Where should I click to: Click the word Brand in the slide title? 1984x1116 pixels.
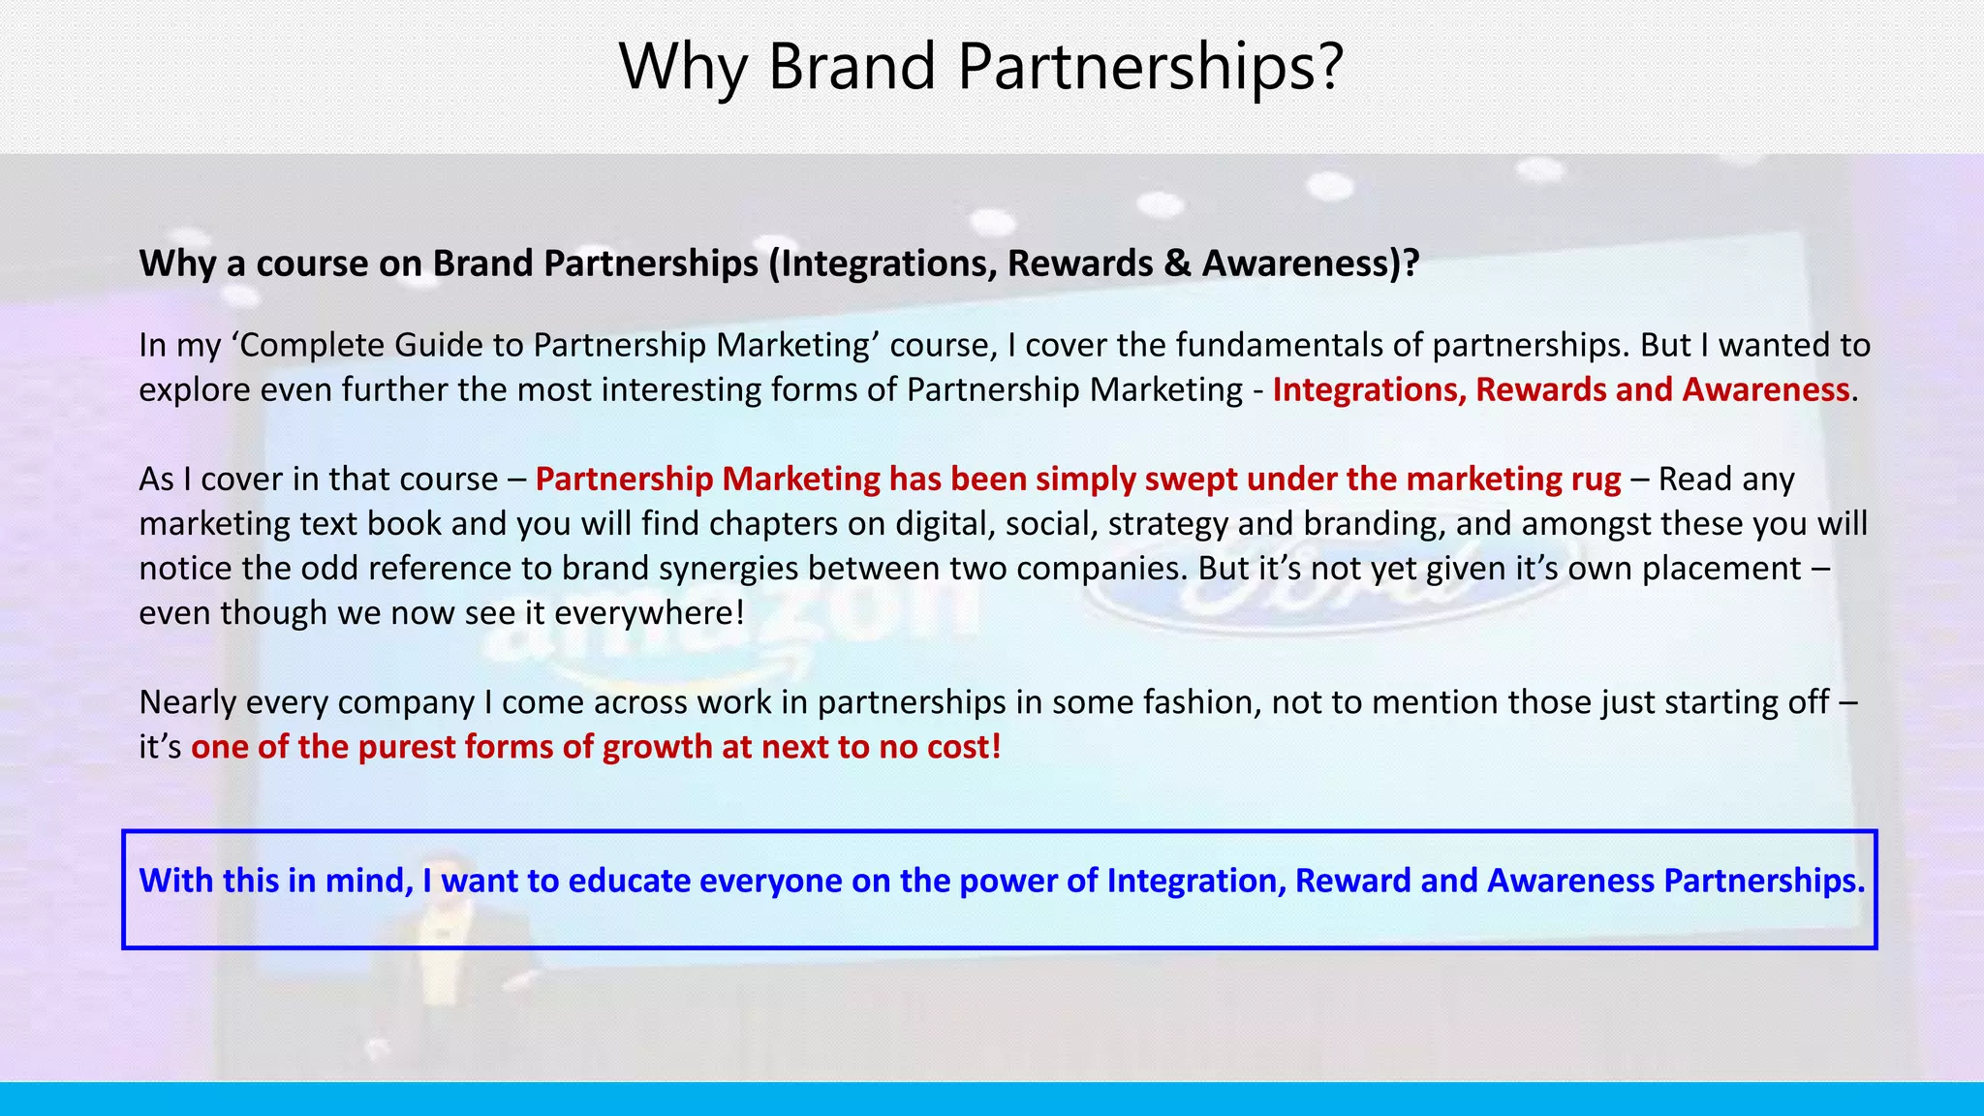[852, 67]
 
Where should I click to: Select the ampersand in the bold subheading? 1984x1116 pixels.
[1177, 263]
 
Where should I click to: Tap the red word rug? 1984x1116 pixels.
[1590, 479]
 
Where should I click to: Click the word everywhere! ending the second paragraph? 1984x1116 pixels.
[649, 612]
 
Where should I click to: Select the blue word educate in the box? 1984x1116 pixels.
[629, 881]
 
